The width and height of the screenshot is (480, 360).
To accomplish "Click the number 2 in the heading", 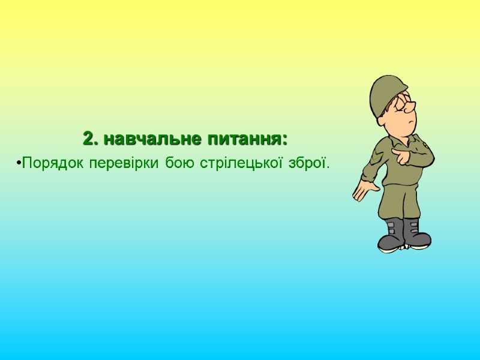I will point(89,139).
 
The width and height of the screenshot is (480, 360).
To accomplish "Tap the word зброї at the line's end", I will point(311,163).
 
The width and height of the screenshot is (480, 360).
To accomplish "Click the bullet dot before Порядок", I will point(19,163).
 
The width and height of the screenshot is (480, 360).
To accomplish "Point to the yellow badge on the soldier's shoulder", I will point(425,145).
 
